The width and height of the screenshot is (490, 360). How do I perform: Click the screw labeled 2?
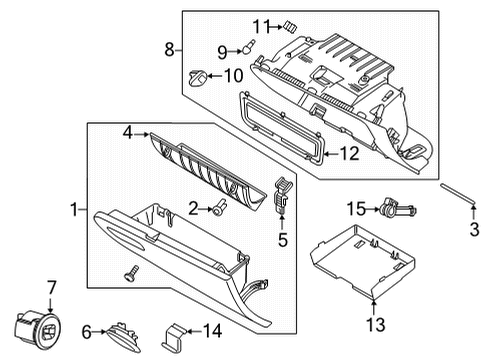pos(219,208)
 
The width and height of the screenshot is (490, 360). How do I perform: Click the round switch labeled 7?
pos(38,327)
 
